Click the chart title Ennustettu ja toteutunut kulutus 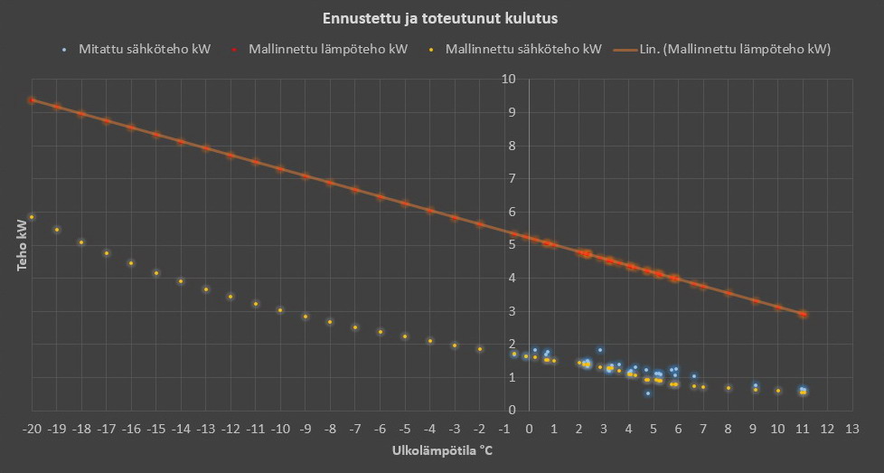[x=442, y=18]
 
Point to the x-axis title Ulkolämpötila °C [x=442, y=450]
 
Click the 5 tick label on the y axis [x=511, y=245]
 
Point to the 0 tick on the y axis [x=511, y=411]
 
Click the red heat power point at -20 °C [x=32, y=100]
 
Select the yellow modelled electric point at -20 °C [x=32, y=217]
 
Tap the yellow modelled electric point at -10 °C [x=280, y=310]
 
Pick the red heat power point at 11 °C [x=803, y=314]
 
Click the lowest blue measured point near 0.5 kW [x=647, y=393]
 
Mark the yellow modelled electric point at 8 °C [x=728, y=388]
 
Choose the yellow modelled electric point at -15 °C [x=156, y=273]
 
